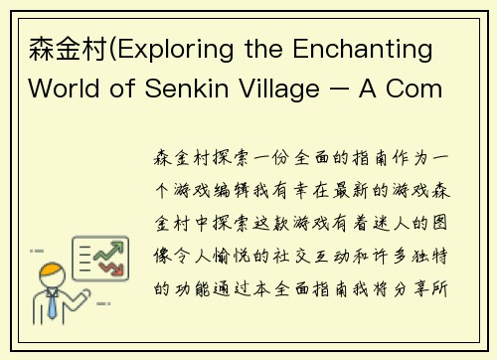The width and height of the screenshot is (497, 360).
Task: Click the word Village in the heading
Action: coord(284,87)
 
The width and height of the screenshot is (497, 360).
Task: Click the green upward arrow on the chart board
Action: coord(102,257)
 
